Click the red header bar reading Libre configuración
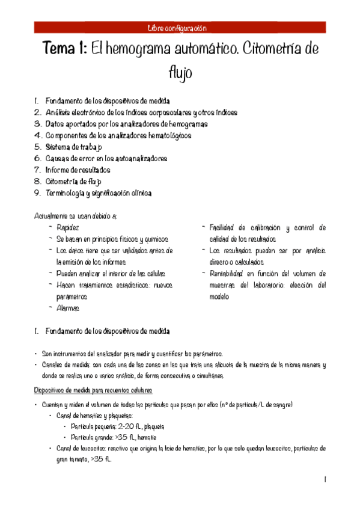(x=180, y=28)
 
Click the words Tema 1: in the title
(x=64, y=50)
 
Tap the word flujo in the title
(x=180, y=73)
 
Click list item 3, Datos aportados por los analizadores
(x=126, y=124)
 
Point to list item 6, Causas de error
(x=106, y=158)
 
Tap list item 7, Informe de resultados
(x=82, y=170)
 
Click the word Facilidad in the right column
(x=222, y=227)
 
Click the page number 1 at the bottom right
(x=325, y=479)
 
